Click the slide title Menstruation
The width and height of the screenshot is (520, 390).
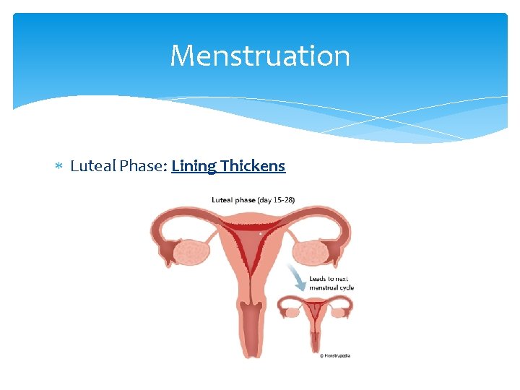(x=260, y=56)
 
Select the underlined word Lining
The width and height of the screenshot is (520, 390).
(x=194, y=166)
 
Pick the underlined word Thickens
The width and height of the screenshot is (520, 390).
(x=253, y=166)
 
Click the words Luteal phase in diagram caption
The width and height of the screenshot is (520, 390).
(x=233, y=199)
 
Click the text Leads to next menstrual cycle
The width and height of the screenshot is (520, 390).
(x=331, y=282)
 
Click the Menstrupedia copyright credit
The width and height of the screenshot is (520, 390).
(x=334, y=355)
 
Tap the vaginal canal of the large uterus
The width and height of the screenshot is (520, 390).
(x=251, y=329)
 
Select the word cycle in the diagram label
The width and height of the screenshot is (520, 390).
(x=346, y=287)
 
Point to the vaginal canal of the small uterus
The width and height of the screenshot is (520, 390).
(x=316, y=339)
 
